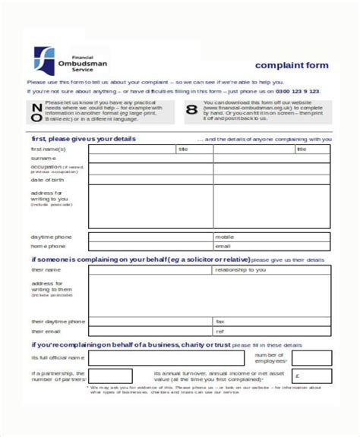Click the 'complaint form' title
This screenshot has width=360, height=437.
click(x=292, y=65)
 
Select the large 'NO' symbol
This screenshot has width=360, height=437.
click(x=36, y=111)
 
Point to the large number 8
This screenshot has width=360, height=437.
click(x=191, y=111)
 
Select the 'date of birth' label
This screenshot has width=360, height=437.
click(x=48, y=180)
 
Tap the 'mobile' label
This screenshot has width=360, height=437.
click(x=225, y=237)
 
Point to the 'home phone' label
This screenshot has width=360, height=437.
click(x=48, y=247)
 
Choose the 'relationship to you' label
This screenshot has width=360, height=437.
click(x=240, y=269)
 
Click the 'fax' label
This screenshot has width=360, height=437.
click(x=220, y=322)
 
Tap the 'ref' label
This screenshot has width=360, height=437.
click(x=220, y=332)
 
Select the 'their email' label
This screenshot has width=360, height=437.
click(x=46, y=332)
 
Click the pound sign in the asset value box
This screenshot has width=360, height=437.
click(x=297, y=375)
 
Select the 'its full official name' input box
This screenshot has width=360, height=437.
click(x=166, y=357)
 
